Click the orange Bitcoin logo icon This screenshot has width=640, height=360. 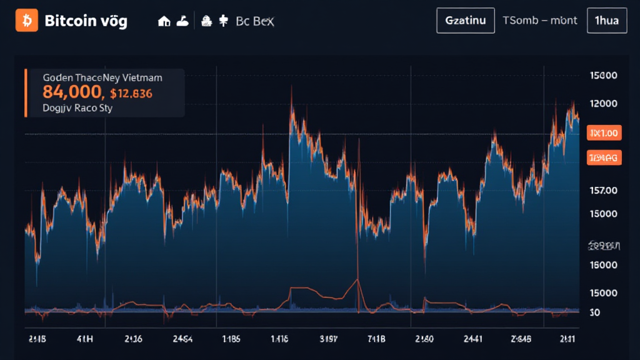(x=26, y=20)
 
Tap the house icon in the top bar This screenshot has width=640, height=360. (x=165, y=21)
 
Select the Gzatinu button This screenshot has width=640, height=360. (x=465, y=20)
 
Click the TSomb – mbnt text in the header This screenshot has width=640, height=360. (x=540, y=20)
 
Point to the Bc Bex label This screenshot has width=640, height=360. (x=255, y=21)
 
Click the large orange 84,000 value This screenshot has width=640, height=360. (x=72, y=92)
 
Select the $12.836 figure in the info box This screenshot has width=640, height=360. (x=131, y=93)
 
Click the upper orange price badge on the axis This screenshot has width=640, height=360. (x=603, y=132)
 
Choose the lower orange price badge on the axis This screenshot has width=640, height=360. (x=603, y=158)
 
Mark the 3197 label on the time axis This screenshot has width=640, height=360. (x=328, y=339)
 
